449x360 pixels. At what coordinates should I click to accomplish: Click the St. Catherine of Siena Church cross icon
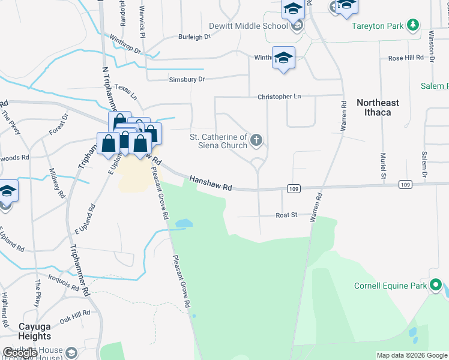pyautogui.click(x=256, y=141)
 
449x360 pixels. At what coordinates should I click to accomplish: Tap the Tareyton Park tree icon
pyautogui.click(x=412, y=25)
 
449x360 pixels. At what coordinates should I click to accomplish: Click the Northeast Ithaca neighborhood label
pyautogui.click(x=378, y=107)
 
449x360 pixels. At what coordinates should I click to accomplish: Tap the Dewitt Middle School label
pyautogui.click(x=248, y=26)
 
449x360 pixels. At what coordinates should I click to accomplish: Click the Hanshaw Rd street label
pyautogui.click(x=211, y=183)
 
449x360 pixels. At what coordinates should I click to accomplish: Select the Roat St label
pyautogui.click(x=287, y=215)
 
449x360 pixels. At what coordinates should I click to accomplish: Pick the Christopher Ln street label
pyautogui.click(x=279, y=96)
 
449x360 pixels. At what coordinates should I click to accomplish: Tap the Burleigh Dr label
pyautogui.click(x=194, y=37)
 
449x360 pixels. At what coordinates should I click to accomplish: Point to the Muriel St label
pyautogui.click(x=382, y=166)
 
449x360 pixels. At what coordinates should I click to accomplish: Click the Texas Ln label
pyautogui.click(x=126, y=92)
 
